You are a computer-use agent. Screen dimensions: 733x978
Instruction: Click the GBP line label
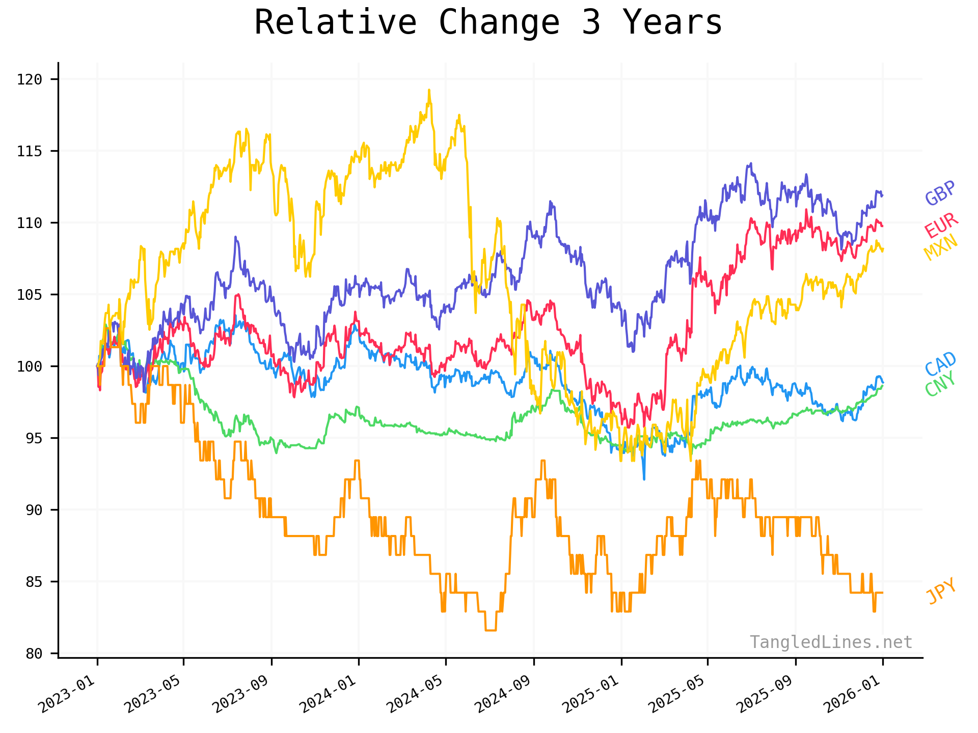(940, 193)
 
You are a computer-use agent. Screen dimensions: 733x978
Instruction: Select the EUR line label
(941, 225)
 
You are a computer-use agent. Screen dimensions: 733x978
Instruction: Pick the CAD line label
(940, 364)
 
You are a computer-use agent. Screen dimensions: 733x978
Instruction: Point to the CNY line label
(940, 384)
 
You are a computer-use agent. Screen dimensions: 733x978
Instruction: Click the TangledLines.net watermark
(831, 642)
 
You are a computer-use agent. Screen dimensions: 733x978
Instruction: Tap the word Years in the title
(672, 23)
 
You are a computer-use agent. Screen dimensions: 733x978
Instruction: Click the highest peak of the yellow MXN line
(429, 91)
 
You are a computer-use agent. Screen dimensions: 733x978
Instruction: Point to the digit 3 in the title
(591, 23)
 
